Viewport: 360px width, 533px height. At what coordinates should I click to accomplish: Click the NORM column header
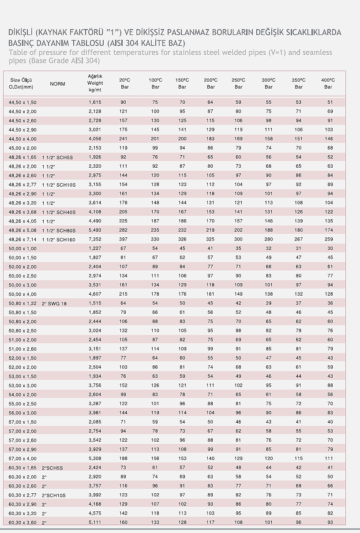(57, 84)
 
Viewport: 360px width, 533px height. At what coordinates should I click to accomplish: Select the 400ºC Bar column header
(328, 83)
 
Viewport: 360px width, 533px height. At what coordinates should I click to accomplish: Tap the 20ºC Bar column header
(124, 83)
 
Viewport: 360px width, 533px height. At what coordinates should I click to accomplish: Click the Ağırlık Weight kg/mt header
(95, 83)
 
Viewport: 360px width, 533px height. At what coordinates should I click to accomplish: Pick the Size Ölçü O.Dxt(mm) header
(21, 83)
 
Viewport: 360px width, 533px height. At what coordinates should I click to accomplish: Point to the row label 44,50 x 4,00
(22, 139)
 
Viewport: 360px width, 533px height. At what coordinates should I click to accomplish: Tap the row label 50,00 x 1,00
(22, 248)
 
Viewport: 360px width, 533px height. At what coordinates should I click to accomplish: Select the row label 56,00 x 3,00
(22, 413)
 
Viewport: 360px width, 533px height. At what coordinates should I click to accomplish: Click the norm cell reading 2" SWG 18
(54, 304)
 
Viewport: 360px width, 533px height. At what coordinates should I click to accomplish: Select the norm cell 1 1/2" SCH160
(59, 240)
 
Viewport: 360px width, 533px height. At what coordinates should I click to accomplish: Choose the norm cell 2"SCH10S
(54, 495)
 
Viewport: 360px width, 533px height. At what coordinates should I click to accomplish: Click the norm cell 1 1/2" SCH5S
(57, 157)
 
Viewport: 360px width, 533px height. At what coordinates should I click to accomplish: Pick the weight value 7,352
(95, 239)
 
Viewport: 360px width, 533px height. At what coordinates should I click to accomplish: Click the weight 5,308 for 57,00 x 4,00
(95, 458)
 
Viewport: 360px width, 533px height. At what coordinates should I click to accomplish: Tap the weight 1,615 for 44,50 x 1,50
(95, 102)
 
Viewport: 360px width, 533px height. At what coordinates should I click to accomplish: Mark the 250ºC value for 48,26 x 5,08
(238, 230)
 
